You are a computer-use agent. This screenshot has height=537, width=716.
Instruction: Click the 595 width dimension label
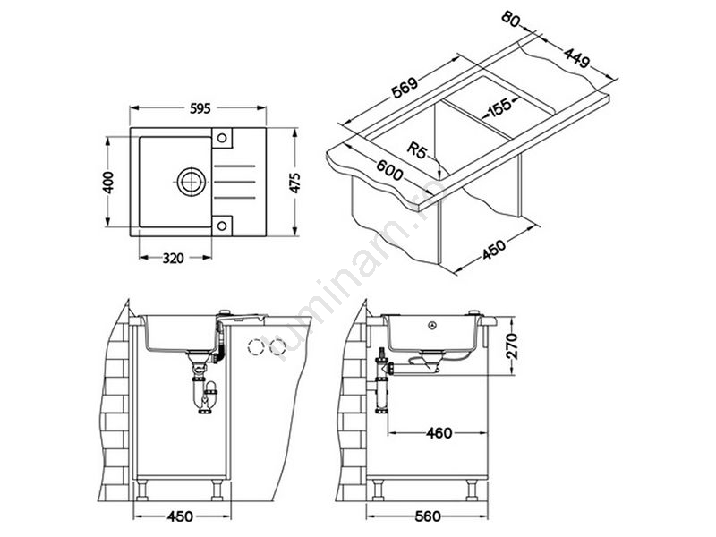tap(200, 108)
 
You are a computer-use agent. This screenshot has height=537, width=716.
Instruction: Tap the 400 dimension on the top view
tap(108, 183)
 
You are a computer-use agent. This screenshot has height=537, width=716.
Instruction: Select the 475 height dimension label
tap(295, 183)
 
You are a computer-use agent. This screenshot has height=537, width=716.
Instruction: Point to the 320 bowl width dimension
tap(173, 258)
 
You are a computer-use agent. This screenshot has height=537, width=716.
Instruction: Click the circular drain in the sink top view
tap(192, 182)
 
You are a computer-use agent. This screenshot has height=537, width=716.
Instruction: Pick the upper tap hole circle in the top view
tap(222, 138)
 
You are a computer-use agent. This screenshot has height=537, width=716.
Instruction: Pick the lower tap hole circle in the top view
tap(222, 226)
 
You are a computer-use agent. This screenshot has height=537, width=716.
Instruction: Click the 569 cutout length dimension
tap(405, 88)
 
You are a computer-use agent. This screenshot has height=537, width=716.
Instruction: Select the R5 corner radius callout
tap(416, 150)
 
